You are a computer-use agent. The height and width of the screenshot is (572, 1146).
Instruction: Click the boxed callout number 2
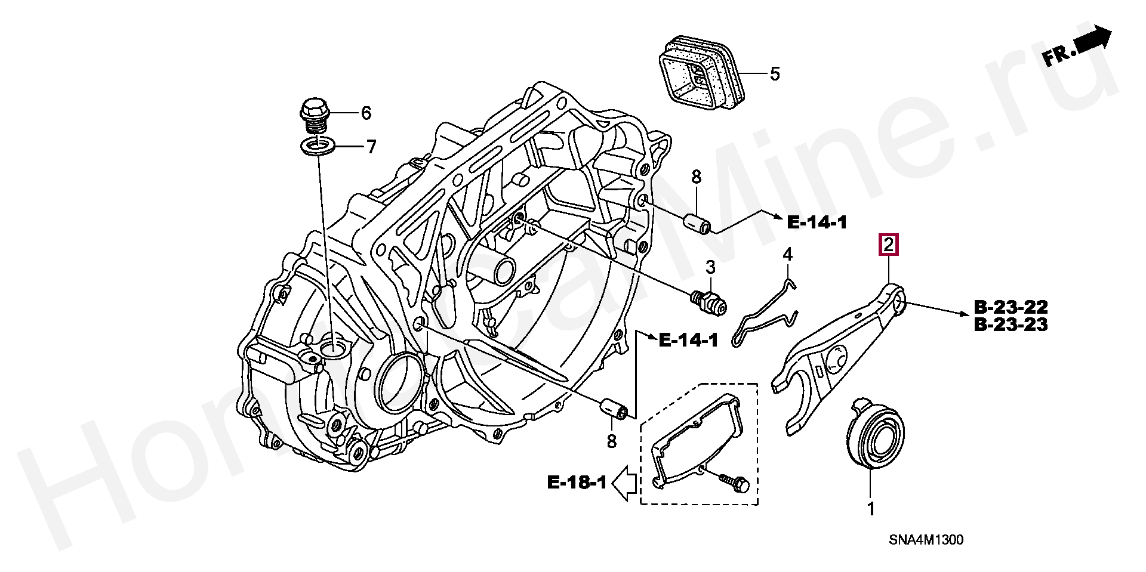point(888,245)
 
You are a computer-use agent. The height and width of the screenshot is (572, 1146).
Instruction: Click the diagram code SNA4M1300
point(925,540)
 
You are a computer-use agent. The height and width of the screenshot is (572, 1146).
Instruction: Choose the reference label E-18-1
point(577,482)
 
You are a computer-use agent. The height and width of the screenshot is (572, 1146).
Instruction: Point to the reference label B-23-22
point(1011,308)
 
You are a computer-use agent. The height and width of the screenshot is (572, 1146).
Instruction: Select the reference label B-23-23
point(1011,326)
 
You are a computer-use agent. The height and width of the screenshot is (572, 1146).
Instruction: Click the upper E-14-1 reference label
point(817,222)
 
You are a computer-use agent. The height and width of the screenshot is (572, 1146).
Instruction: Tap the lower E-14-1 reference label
point(688,340)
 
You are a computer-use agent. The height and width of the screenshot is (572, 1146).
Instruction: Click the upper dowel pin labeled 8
point(697,223)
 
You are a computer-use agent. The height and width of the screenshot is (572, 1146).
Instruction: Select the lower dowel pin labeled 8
point(614,409)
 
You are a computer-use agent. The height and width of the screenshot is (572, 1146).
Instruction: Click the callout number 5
point(774,74)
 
